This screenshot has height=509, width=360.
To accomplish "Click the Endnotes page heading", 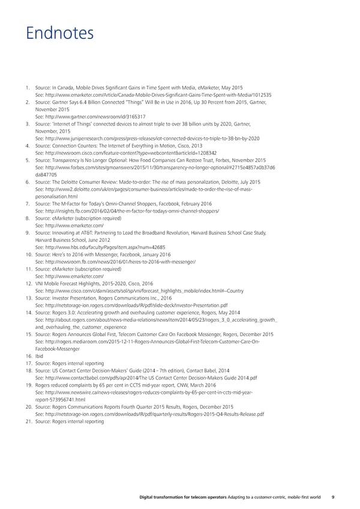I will pos(59,32).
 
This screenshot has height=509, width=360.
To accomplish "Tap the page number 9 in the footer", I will pos(333,495).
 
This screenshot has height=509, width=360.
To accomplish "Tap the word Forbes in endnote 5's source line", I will pos(229,160).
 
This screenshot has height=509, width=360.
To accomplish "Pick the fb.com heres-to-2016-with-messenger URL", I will pos(116,262).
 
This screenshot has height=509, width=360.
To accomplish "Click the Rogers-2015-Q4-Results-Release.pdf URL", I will pos(150,414).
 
